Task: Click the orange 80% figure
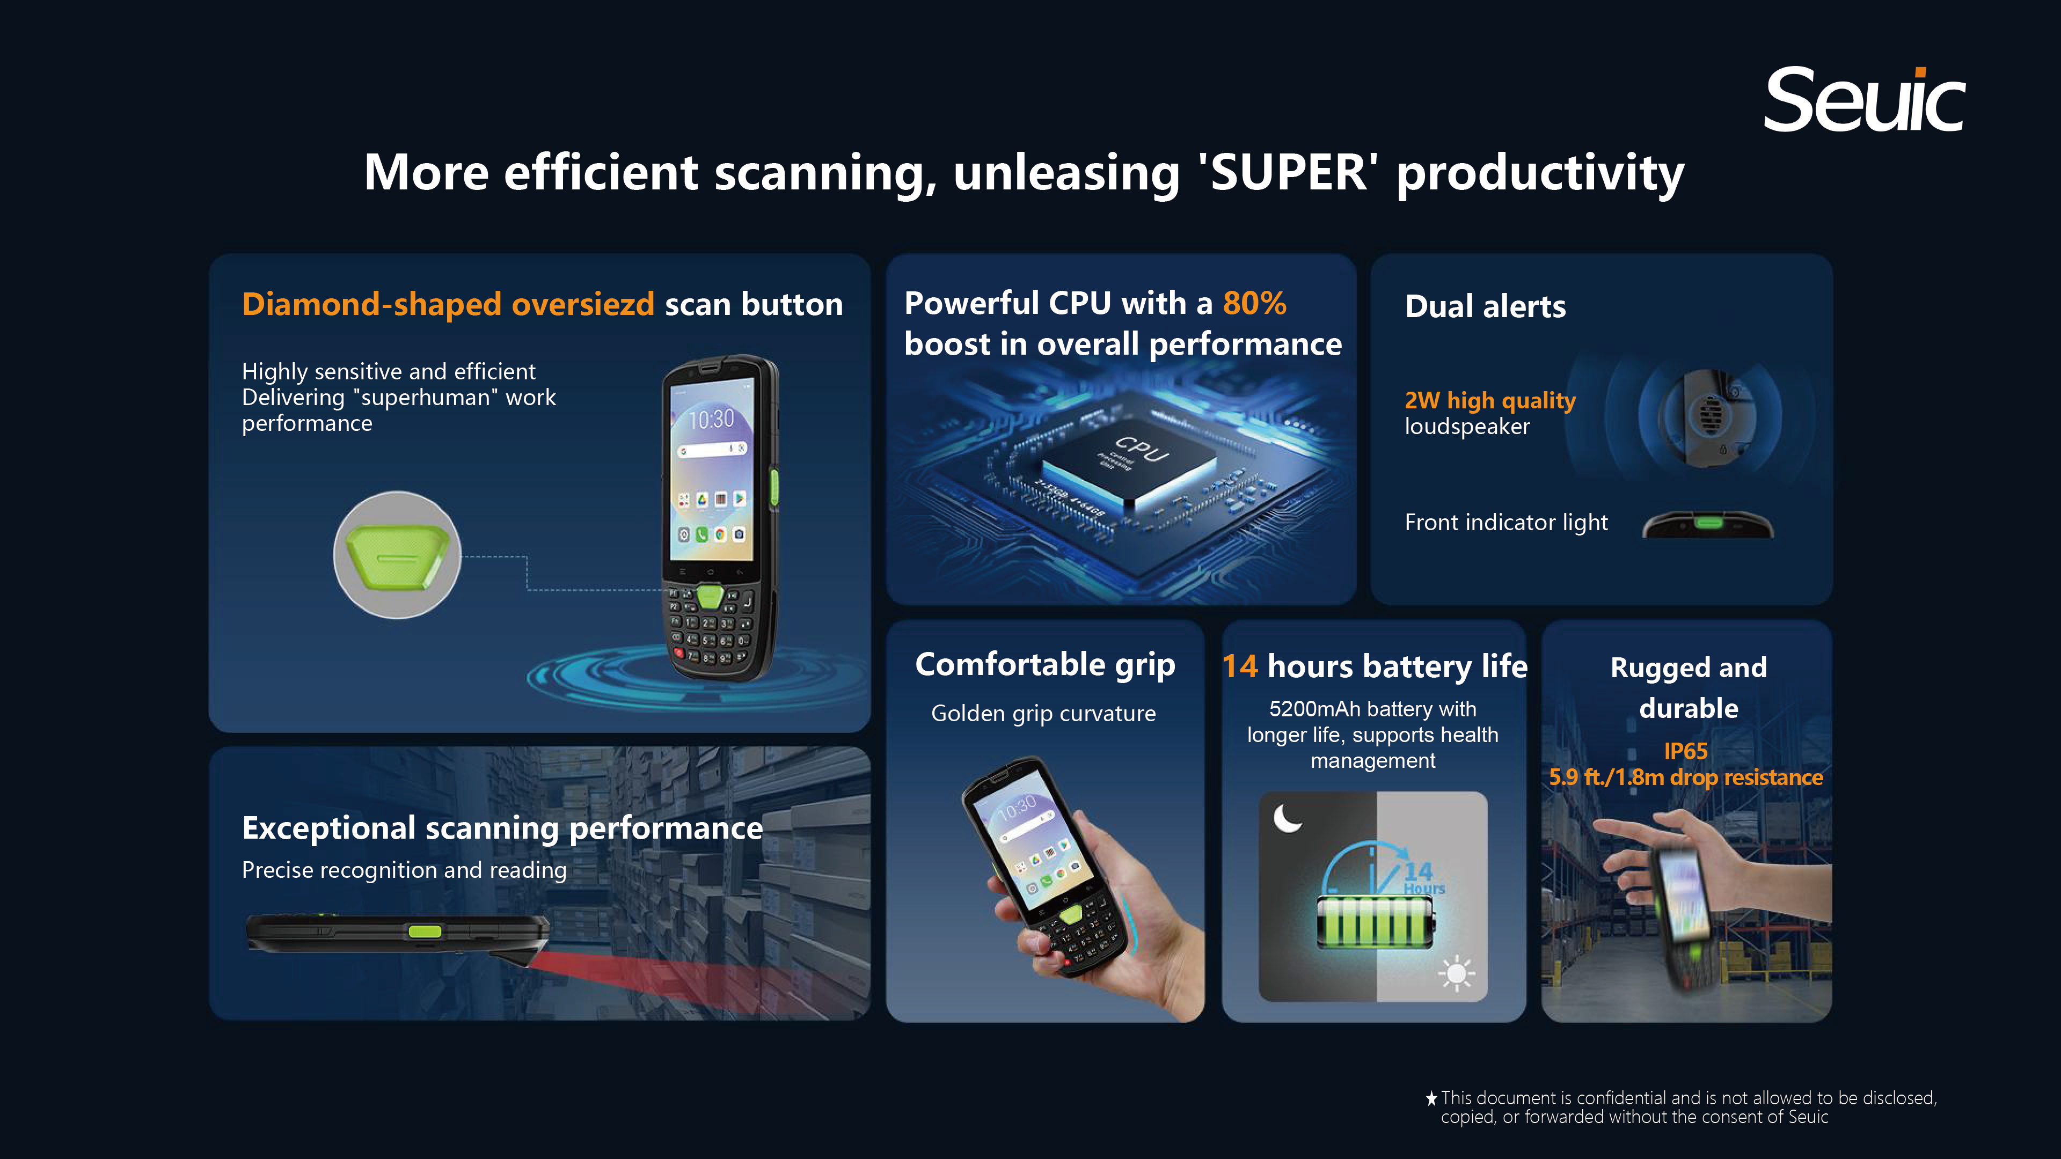pyautogui.click(x=1254, y=303)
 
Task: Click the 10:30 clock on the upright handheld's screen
pyautogui.click(x=711, y=419)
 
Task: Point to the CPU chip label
pyautogui.click(x=1143, y=449)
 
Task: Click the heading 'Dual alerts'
pyautogui.click(x=1485, y=306)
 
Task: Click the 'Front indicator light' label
pyautogui.click(x=1505, y=522)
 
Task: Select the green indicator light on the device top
pyautogui.click(x=1709, y=523)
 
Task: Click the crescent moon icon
pyautogui.click(x=1287, y=818)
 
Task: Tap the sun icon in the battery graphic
pyautogui.click(x=1456, y=973)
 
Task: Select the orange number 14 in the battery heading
pyautogui.click(x=1240, y=666)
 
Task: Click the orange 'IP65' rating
pyautogui.click(x=1686, y=751)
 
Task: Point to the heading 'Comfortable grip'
pyautogui.click(x=1045, y=665)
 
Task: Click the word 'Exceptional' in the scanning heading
pyautogui.click(x=329, y=828)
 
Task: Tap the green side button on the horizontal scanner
pyautogui.click(x=425, y=931)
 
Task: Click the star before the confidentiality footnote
pyautogui.click(x=1431, y=1098)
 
